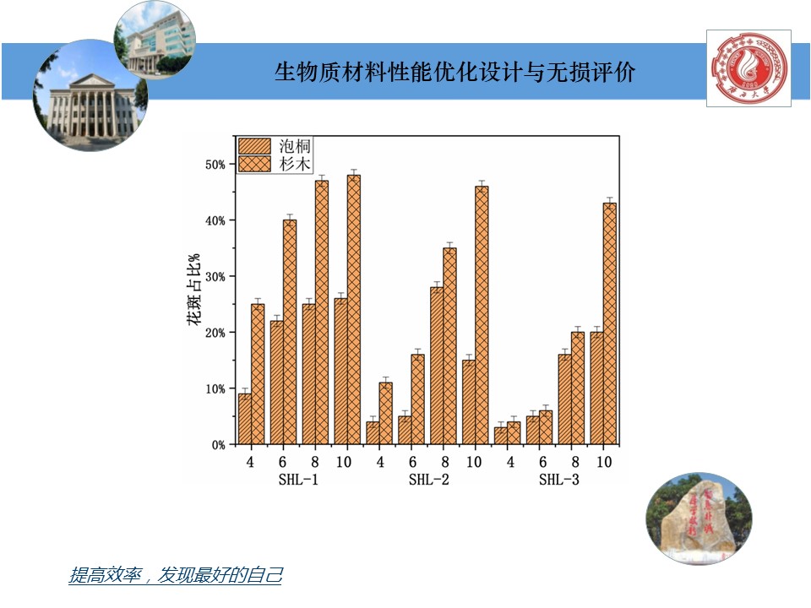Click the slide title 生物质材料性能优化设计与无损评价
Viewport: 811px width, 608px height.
coord(454,73)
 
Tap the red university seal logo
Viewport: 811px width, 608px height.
coord(748,68)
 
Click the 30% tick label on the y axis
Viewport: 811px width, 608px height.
coord(215,277)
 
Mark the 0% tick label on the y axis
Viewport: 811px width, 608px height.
coord(218,445)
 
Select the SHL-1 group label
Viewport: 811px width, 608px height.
coord(298,480)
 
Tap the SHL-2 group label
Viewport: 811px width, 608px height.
coord(428,480)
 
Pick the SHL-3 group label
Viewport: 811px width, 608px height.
coord(558,480)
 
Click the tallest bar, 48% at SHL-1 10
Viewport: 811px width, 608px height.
coord(353,309)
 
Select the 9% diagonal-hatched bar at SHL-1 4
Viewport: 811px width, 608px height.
coord(244,419)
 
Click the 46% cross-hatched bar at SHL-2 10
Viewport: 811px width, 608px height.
coord(482,315)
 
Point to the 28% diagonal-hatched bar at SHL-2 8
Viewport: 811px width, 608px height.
coord(437,366)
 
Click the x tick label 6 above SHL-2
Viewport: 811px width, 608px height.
coord(411,462)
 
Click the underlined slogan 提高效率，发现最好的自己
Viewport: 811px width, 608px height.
coord(175,577)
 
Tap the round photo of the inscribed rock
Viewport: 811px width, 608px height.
coord(698,518)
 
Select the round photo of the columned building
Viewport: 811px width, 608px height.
coord(86,95)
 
